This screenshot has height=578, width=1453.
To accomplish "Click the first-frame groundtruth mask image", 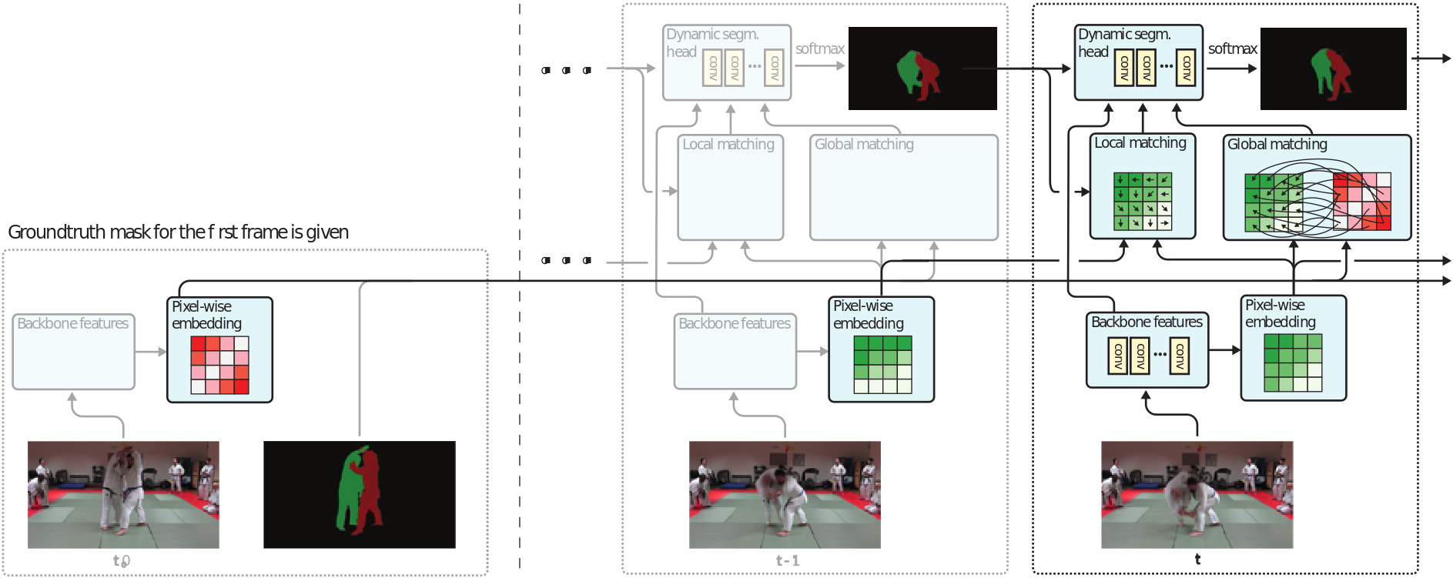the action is tap(360, 494).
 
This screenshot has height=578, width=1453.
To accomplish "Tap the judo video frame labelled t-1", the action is tap(785, 494).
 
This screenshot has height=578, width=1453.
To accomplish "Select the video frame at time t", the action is tap(1197, 494).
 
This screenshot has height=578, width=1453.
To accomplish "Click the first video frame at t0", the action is tap(123, 494).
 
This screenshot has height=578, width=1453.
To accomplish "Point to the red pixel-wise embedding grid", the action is tap(220, 365).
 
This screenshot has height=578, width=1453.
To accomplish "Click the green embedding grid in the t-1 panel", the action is tap(882, 365).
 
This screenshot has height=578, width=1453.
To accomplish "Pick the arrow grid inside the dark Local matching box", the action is tap(1143, 202).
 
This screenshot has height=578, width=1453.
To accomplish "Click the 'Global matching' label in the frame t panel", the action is tap(1277, 144).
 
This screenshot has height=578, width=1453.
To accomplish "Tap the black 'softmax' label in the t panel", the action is tap(1233, 48).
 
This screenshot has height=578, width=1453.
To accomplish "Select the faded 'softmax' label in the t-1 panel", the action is tap(820, 48).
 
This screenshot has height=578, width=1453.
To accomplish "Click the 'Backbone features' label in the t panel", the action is tap(1147, 322).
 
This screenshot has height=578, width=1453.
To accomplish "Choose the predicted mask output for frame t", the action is tap(1334, 68).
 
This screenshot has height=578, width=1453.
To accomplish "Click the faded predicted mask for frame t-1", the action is tap(922, 68).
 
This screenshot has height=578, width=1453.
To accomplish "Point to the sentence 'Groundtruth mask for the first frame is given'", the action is tap(178, 232).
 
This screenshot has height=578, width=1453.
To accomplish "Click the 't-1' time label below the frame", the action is tap(788, 560).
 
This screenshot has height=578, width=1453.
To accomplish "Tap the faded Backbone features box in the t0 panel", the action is tap(74, 352).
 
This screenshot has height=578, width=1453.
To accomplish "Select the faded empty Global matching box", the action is tap(904, 188).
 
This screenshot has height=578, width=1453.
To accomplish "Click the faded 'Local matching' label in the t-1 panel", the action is tap(728, 144).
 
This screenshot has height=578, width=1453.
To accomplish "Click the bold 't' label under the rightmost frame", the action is tap(1197, 560).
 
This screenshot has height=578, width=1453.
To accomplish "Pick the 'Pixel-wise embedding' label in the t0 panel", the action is tap(206, 315).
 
